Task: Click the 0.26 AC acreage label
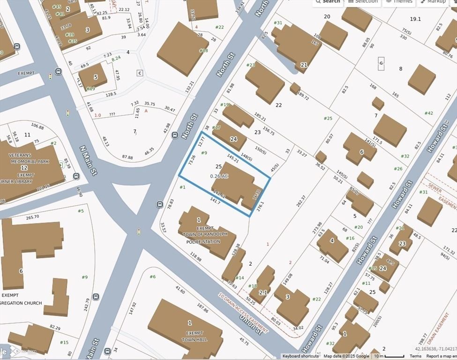click(218, 176)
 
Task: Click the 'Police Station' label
click(203, 242)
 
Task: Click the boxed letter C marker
click(140, 73)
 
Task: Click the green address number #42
click(429, 113)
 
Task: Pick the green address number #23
click(251, 65)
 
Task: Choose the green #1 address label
click(182, 187)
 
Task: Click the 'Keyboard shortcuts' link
click(300, 356)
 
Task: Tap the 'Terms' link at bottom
click(415, 356)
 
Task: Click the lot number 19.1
click(415, 19)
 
